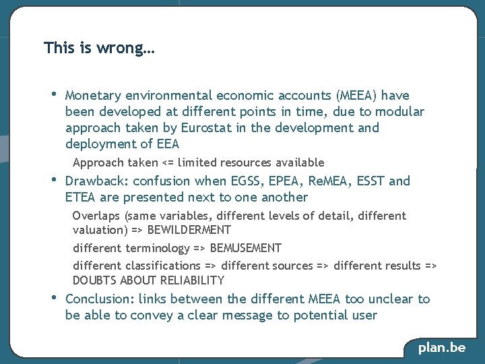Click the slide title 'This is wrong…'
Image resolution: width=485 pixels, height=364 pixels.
(x=99, y=49)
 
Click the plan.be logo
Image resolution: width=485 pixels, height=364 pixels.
(x=442, y=348)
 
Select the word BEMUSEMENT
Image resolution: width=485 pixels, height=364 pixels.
(x=246, y=248)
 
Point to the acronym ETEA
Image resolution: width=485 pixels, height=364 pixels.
(x=82, y=198)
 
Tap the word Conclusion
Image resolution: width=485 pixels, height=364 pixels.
(x=99, y=299)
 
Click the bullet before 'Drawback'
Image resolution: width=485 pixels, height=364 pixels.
(x=54, y=179)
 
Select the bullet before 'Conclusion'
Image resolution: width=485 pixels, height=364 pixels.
(x=54, y=297)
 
